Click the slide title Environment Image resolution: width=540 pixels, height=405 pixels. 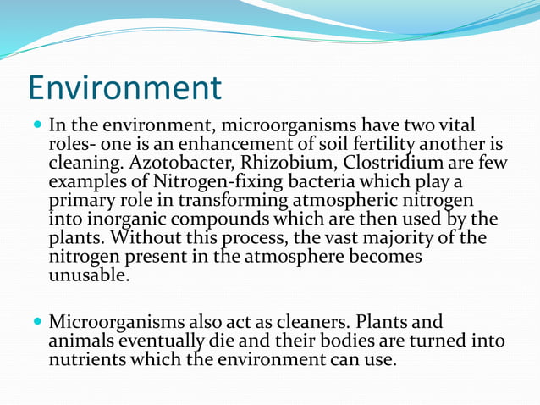124,87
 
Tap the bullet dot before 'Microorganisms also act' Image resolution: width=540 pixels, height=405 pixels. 37,323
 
